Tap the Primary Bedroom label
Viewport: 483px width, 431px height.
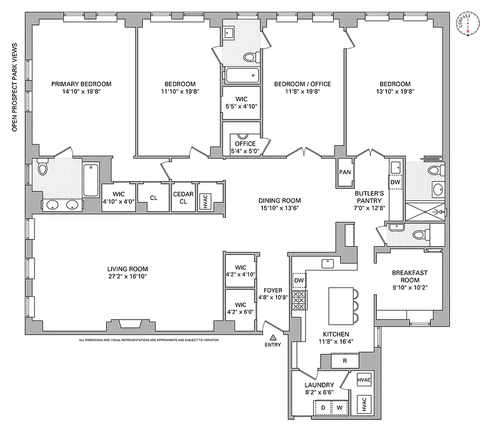[x=81, y=84]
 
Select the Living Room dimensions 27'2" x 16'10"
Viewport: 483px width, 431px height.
[x=127, y=276]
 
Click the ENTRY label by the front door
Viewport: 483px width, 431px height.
[x=272, y=345]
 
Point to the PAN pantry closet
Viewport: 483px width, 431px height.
[x=345, y=172]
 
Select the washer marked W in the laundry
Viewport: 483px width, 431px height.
[x=340, y=408]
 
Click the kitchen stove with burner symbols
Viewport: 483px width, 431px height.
[x=299, y=300]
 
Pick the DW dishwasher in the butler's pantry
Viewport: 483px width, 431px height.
[x=395, y=182]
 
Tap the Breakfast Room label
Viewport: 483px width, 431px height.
[x=409, y=276]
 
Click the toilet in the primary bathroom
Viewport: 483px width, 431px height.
[x=43, y=169]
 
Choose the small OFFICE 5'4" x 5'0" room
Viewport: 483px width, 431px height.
[x=245, y=147]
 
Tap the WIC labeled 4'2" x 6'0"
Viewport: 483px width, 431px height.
[x=240, y=308]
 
